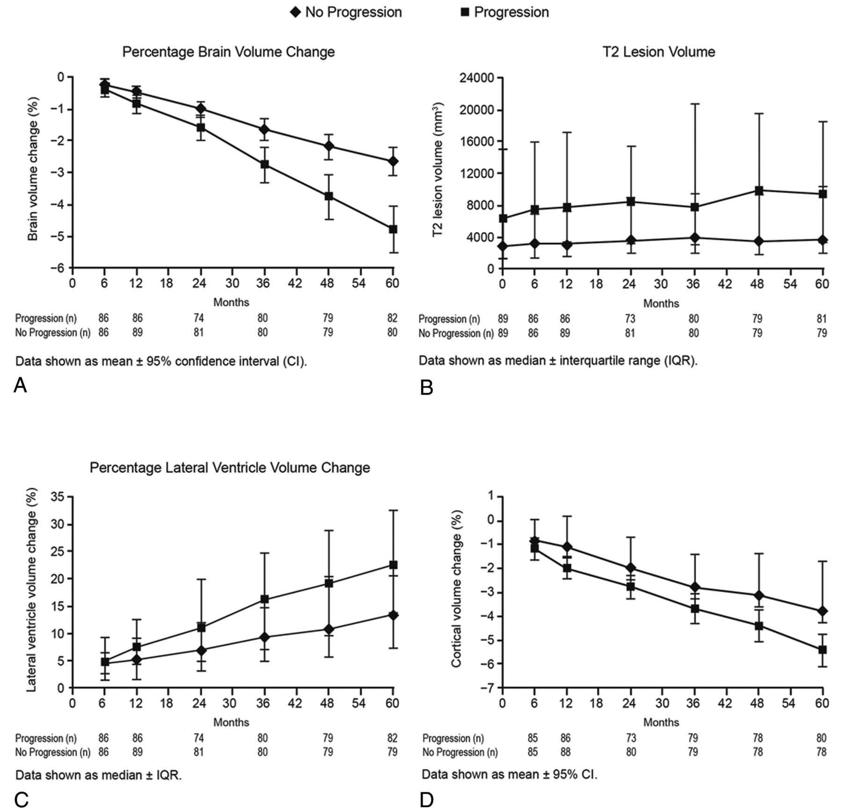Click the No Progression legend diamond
296,12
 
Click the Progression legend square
465,12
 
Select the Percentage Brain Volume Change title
229,52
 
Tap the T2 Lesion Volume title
659,52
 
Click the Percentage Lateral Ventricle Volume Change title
230,468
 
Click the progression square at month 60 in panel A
393,229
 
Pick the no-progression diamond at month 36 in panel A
265,129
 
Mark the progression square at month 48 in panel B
759,190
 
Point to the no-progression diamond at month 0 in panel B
503,246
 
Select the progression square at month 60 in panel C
393,565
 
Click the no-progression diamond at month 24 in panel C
201,650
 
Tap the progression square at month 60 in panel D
822,650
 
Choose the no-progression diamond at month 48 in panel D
759,595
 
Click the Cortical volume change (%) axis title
457,589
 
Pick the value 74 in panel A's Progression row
199,318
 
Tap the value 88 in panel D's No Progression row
565,752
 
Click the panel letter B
427,388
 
